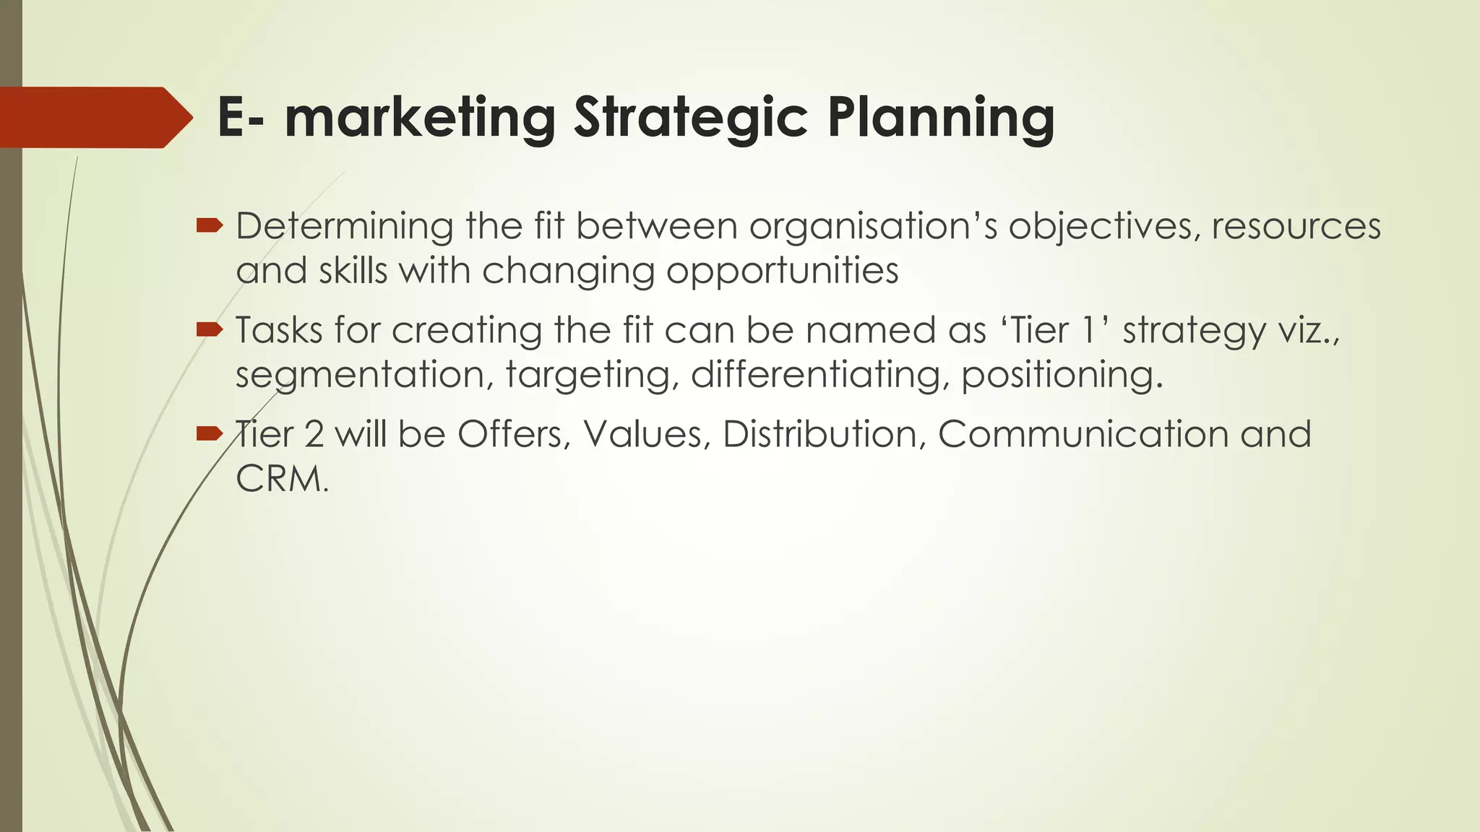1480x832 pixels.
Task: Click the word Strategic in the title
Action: click(x=690, y=118)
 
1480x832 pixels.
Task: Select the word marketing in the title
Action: click(x=420, y=118)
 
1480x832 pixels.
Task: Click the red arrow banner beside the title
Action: click(x=94, y=118)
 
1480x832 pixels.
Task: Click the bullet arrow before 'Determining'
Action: click(x=209, y=226)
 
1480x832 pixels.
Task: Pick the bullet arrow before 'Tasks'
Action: click(x=209, y=330)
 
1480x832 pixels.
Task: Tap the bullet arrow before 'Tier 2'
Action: click(x=209, y=433)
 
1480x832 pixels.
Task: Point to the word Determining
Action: click(x=344, y=226)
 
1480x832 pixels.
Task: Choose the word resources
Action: click(x=1296, y=226)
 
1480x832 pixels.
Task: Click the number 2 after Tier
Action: click(x=314, y=434)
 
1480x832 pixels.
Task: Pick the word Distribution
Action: click(x=824, y=434)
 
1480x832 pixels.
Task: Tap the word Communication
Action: click(x=1083, y=434)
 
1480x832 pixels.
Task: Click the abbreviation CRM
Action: click(x=278, y=479)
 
